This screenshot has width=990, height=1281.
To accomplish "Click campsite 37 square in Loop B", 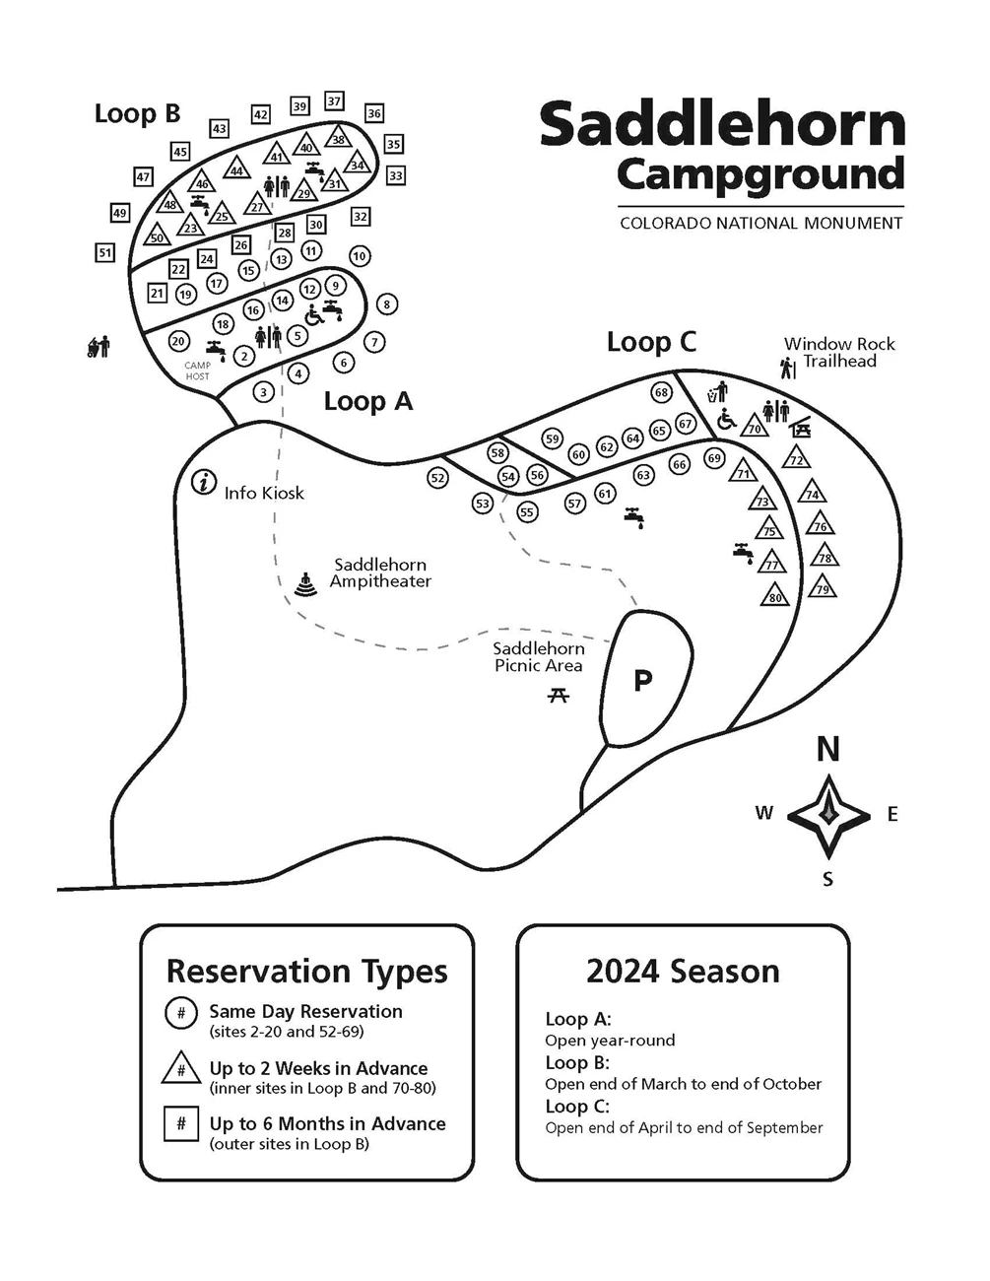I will pos(334,101).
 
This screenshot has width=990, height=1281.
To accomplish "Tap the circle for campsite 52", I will pos(438,478).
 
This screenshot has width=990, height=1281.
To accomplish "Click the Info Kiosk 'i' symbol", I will pos(204,482).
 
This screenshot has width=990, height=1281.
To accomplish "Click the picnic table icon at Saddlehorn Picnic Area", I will pos(559,696).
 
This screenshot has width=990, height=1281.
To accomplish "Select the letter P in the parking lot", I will pos(642,680).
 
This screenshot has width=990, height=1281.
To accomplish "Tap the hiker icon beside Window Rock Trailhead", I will pos(787,369).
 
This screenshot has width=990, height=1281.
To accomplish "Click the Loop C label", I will pos(651,342).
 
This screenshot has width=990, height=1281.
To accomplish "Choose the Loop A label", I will pos(368,401).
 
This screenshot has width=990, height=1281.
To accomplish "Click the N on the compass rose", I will pos(827,749).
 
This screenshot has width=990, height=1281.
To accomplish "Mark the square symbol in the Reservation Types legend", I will pos(181,1123).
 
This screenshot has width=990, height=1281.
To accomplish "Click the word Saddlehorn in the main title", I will pos(722,125).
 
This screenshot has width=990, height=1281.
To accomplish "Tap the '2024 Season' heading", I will pos(683,972).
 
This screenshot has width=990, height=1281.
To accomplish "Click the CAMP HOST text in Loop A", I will pos(198,371).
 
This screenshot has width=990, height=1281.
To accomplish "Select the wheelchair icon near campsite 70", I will pos(726,421).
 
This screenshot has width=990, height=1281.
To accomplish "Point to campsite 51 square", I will pos(105,253).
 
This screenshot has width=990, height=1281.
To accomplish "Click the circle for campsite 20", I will pos(178,341).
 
